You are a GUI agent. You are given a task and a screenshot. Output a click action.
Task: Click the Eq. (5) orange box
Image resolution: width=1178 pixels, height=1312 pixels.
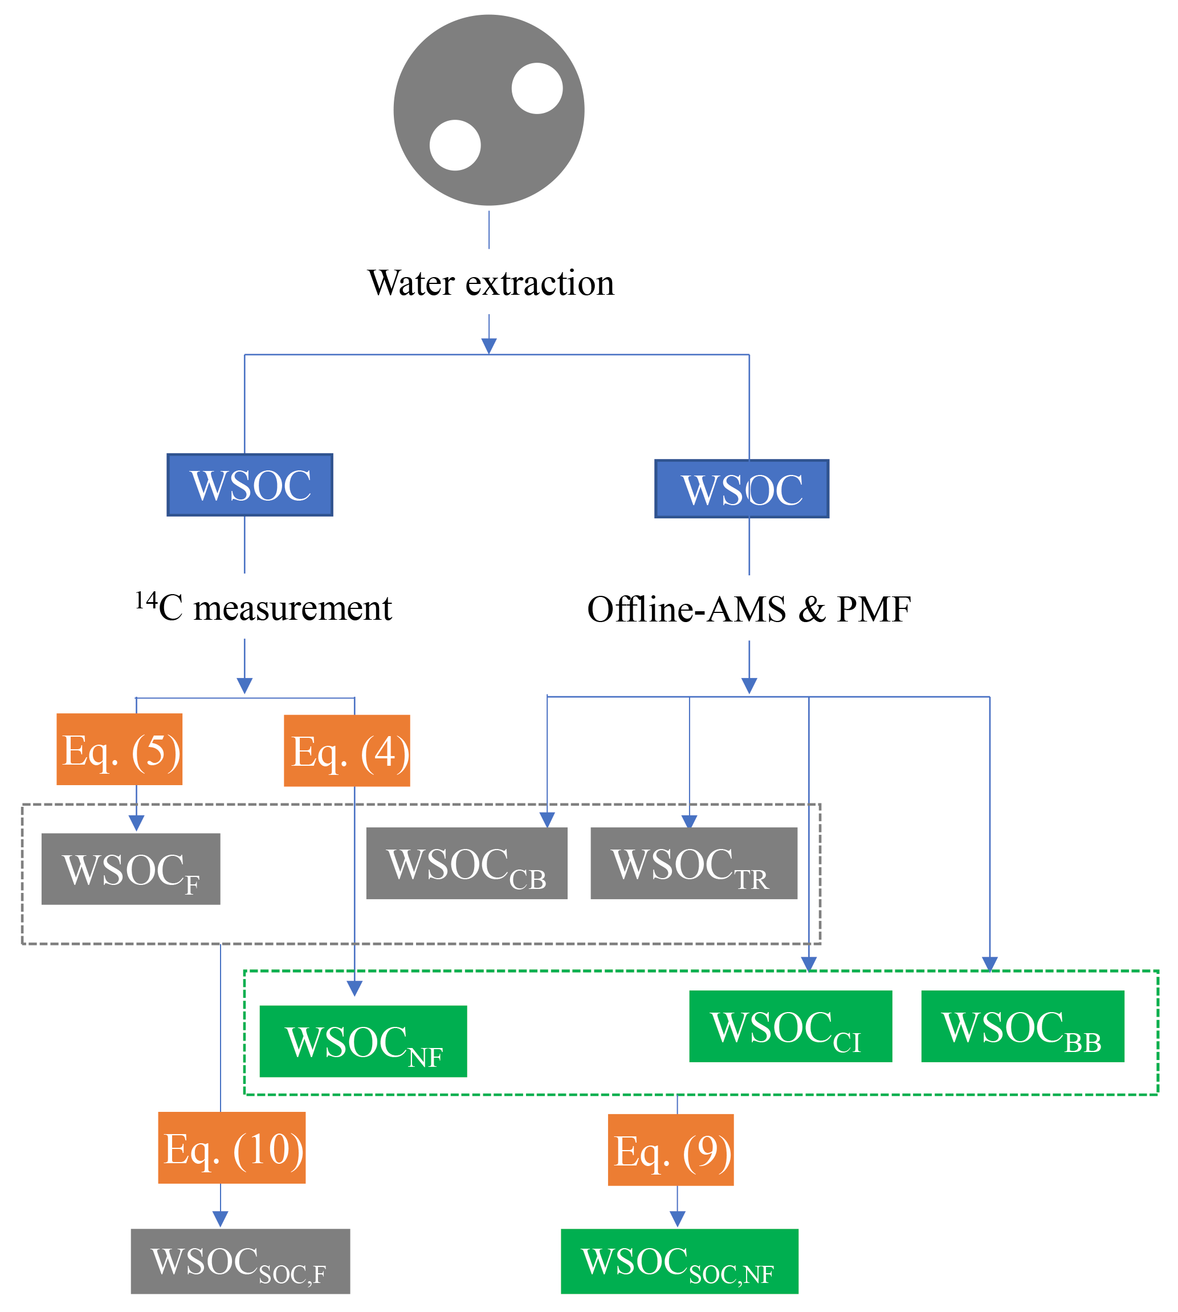[x=119, y=749]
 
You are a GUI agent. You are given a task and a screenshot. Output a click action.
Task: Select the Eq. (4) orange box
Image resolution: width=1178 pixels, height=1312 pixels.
[x=347, y=750]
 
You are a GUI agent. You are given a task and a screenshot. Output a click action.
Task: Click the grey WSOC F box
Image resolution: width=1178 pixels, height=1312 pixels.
[x=131, y=868]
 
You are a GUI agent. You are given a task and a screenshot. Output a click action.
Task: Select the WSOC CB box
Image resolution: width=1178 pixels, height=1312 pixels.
[x=467, y=863]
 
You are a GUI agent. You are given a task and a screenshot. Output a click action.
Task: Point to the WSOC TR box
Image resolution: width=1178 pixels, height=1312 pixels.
[x=694, y=863]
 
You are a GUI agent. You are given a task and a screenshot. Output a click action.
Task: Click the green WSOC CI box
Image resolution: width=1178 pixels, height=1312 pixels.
[x=790, y=1026]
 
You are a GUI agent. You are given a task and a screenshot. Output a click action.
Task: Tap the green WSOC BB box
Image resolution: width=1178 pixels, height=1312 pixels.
[x=1022, y=1026]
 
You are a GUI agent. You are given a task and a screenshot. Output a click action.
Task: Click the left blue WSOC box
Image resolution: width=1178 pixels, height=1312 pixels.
[x=250, y=485]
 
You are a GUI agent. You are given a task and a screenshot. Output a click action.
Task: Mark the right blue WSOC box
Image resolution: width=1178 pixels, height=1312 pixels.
[x=742, y=489]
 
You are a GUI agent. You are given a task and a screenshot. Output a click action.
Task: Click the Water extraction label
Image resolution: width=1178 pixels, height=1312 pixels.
[x=491, y=283]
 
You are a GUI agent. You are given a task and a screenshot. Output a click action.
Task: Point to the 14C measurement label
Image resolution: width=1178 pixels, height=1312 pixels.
[x=263, y=607]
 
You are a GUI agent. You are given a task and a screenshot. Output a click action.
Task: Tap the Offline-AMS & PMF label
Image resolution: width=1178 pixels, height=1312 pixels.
[x=749, y=609]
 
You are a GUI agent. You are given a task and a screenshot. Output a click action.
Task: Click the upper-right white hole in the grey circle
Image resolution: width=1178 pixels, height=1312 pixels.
[x=537, y=88]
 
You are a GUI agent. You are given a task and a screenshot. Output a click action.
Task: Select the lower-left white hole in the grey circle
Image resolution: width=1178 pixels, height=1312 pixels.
[x=455, y=145]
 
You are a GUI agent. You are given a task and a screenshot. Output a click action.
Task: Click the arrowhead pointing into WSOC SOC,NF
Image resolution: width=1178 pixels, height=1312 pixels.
[x=677, y=1218]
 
